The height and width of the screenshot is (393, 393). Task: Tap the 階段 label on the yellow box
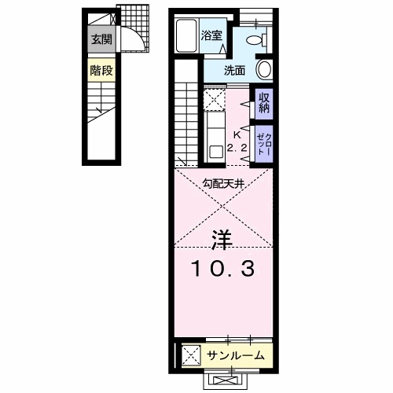tap(98, 70)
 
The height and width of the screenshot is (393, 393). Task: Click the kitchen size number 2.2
tap(237, 147)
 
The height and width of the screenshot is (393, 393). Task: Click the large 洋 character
tap(222, 238)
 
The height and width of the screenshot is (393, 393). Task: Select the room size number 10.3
tap(222, 269)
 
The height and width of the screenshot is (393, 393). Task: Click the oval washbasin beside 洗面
tap(266, 69)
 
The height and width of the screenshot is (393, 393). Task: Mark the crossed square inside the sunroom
tap(191, 355)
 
